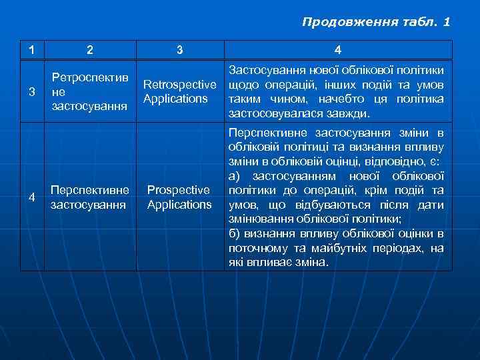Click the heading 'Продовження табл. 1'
point(376,22)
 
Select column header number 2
point(90,49)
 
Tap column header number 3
point(179,49)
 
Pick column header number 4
point(338,49)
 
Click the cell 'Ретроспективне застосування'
point(89,91)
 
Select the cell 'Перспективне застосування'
point(89,197)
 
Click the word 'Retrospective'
point(179,85)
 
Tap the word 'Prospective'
point(179,191)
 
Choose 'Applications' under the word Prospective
point(179,205)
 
